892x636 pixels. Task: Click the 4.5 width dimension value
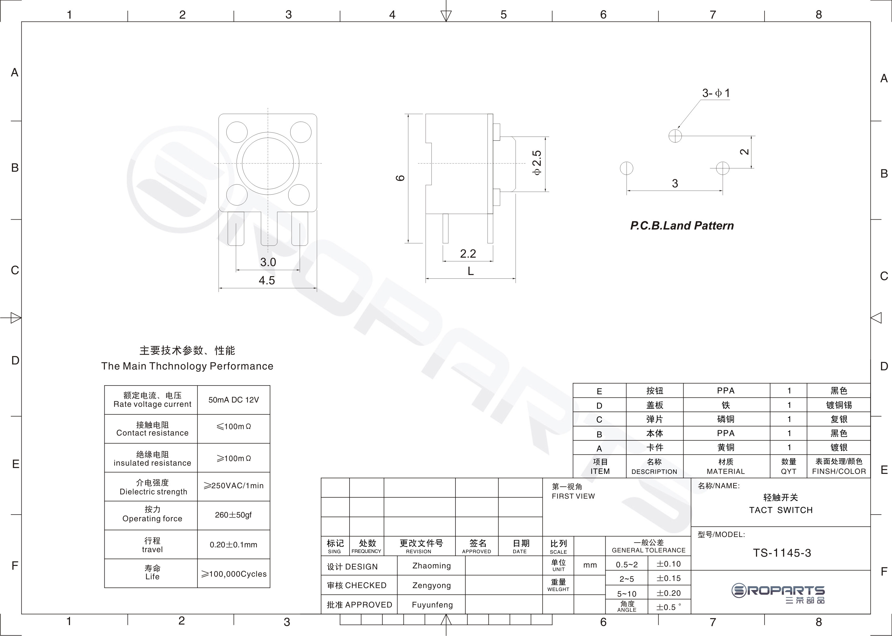click(x=267, y=280)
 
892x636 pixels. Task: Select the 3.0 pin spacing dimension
click(x=268, y=262)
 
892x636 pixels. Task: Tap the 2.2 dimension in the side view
click(x=468, y=254)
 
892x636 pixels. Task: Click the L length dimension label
click(x=471, y=271)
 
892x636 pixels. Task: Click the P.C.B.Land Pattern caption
click(x=682, y=225)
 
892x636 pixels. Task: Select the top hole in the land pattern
click(x=675, y=136)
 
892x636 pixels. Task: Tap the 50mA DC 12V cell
click(x=234, y=400)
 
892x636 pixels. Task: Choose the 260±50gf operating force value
click(x=233, y=515)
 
